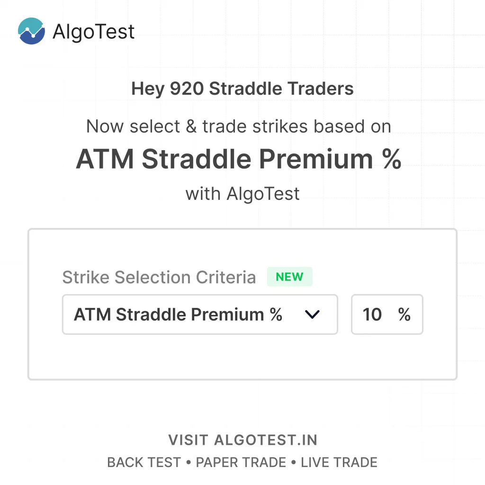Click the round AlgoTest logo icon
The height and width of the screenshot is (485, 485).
pos(31,31)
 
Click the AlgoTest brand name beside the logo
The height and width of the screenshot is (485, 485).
pos(93,32)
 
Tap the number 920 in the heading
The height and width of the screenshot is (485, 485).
pos(187,89)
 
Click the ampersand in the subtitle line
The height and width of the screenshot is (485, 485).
pos(191,126)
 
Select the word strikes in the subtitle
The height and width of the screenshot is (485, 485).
pos(280,126)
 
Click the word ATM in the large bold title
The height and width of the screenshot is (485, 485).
pos(105,159)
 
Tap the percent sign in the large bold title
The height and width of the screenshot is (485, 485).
pos(392,159)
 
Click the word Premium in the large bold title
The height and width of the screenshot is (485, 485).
pos(316,159)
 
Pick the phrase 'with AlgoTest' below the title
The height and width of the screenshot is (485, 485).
pos(242,194)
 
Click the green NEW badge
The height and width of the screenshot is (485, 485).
pos(289,277)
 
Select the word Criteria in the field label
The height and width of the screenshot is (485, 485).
pos(226,277)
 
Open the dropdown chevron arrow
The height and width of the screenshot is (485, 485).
pos(312,314)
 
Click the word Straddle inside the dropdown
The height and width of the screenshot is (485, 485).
pos(151,314)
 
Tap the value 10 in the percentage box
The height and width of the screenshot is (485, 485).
pos(372,314)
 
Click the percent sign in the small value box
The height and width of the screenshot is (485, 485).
pos(404,314)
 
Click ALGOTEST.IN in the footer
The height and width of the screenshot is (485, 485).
pos(266,440)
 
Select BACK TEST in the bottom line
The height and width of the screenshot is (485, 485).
pos(144,462)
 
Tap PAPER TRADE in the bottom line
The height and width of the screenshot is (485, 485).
pos(241,462)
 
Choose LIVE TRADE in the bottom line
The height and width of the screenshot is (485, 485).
pos(339,462)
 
